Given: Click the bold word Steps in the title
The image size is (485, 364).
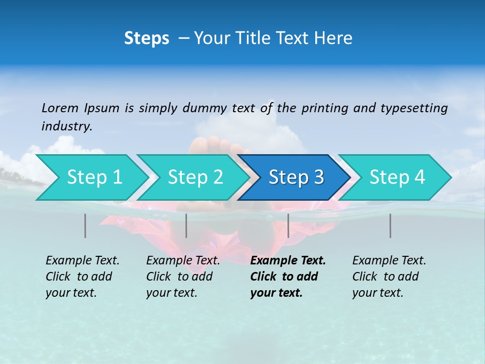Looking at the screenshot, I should tap(147, 38).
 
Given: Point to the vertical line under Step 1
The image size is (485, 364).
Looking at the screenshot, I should tap(85, 225).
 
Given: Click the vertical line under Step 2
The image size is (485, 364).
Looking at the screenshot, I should tap(186, 225).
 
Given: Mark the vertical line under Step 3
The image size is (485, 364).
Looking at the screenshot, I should tap(288, 225).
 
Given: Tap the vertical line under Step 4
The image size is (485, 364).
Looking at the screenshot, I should tap(390, 225).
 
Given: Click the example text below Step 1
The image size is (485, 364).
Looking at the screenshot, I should tap(82, 277).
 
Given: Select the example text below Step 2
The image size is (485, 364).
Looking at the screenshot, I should tap(182, 277).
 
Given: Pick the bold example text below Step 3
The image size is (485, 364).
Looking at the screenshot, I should tap(287, 277).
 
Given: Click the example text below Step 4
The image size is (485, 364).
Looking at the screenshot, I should tap(389, 277).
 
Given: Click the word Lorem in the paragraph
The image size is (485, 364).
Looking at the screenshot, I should tap(60, 108).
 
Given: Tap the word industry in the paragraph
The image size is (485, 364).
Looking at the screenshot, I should tap(67, 126).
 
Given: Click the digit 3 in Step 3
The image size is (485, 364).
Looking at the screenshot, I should tap(319, 177).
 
